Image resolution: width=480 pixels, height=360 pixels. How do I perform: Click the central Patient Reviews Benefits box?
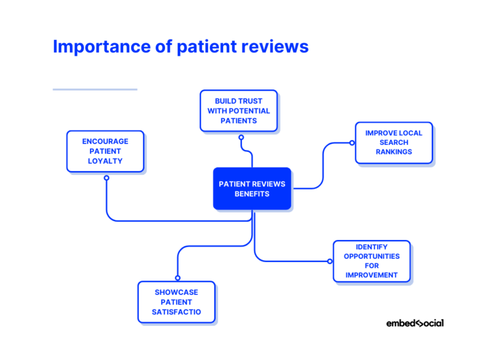[x=252, y=189]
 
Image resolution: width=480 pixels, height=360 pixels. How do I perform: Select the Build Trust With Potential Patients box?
[x=239, y=111]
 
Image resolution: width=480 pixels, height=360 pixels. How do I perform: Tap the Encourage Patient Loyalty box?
[x=105, y=151]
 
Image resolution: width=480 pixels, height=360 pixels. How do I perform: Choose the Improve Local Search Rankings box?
[x=394, y=142]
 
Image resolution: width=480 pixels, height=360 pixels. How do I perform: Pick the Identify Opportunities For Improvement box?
[x=372, y=261]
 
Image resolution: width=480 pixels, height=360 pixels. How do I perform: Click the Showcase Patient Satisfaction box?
[x=176, y=302]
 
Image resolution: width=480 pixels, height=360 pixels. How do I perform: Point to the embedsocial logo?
[x=414, y=323]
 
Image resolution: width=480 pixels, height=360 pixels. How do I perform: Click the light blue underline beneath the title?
[x=94, y=89]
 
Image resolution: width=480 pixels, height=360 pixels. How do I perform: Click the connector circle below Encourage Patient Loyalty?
[x=106, y=178]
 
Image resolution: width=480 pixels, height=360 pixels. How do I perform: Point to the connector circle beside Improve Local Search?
[x=352, y=142]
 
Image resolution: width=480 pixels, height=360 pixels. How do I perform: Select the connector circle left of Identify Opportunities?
[x=330, y=261]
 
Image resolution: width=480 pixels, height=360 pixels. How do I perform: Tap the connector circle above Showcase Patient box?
[x=177, y=278]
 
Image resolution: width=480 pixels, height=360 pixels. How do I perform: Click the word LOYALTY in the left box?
[x=105, y=161]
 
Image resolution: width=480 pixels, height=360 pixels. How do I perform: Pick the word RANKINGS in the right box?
[x=394, y=152]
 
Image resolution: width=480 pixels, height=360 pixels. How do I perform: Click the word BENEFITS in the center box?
[x=252, y=194]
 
